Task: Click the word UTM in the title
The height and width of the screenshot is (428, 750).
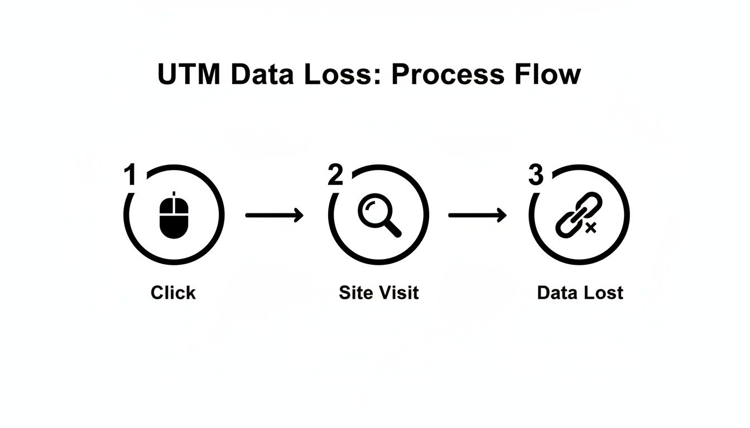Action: (190, 75)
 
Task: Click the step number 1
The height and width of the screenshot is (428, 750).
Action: (130, 176)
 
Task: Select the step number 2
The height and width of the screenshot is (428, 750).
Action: (335, 176)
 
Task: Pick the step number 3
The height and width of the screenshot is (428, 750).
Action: (536, 176)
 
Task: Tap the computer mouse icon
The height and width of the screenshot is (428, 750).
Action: (174, 215)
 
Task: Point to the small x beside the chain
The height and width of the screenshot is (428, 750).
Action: (591, 227)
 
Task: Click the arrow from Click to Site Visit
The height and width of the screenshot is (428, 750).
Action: (274, 215)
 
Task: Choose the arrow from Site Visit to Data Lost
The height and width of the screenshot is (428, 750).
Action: (477, 215)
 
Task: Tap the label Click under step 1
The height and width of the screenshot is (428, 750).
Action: (173, 293)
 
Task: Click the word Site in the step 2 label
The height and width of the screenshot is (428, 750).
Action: (356, 293)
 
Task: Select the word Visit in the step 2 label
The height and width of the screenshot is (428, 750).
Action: (398, 293)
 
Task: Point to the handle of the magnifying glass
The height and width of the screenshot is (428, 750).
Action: (392, 228)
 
